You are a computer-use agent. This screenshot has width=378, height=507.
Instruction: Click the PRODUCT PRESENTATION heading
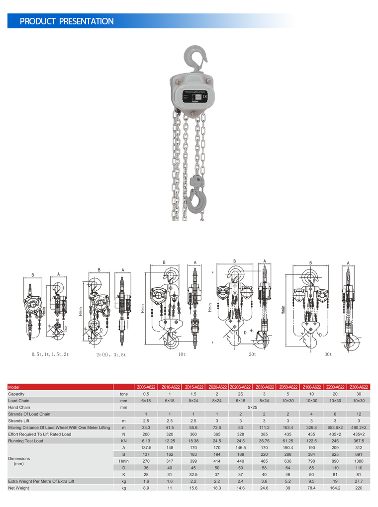click(x=67, y=21)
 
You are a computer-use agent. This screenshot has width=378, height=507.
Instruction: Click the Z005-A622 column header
click(x=146, y=387)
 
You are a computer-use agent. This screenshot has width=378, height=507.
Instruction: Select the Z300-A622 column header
click(x=358, y=387)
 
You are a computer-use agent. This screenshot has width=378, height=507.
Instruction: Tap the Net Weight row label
click(x=19, y=488)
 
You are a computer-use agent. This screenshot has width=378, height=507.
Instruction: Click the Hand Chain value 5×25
click(x=252, y=407)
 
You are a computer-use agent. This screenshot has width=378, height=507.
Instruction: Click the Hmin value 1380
click(x=358, y=461)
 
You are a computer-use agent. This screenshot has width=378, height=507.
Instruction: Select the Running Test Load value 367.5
click(x=358, y=441)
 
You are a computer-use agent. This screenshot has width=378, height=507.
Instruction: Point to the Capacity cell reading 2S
click(x=240, y=394)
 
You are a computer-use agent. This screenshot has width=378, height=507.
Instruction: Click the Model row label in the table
click(x=13, y=387)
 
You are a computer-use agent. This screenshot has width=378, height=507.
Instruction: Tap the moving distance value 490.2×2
click(x=358, y=427)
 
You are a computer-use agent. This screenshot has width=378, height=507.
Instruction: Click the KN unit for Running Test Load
click(x=124, y=441)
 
